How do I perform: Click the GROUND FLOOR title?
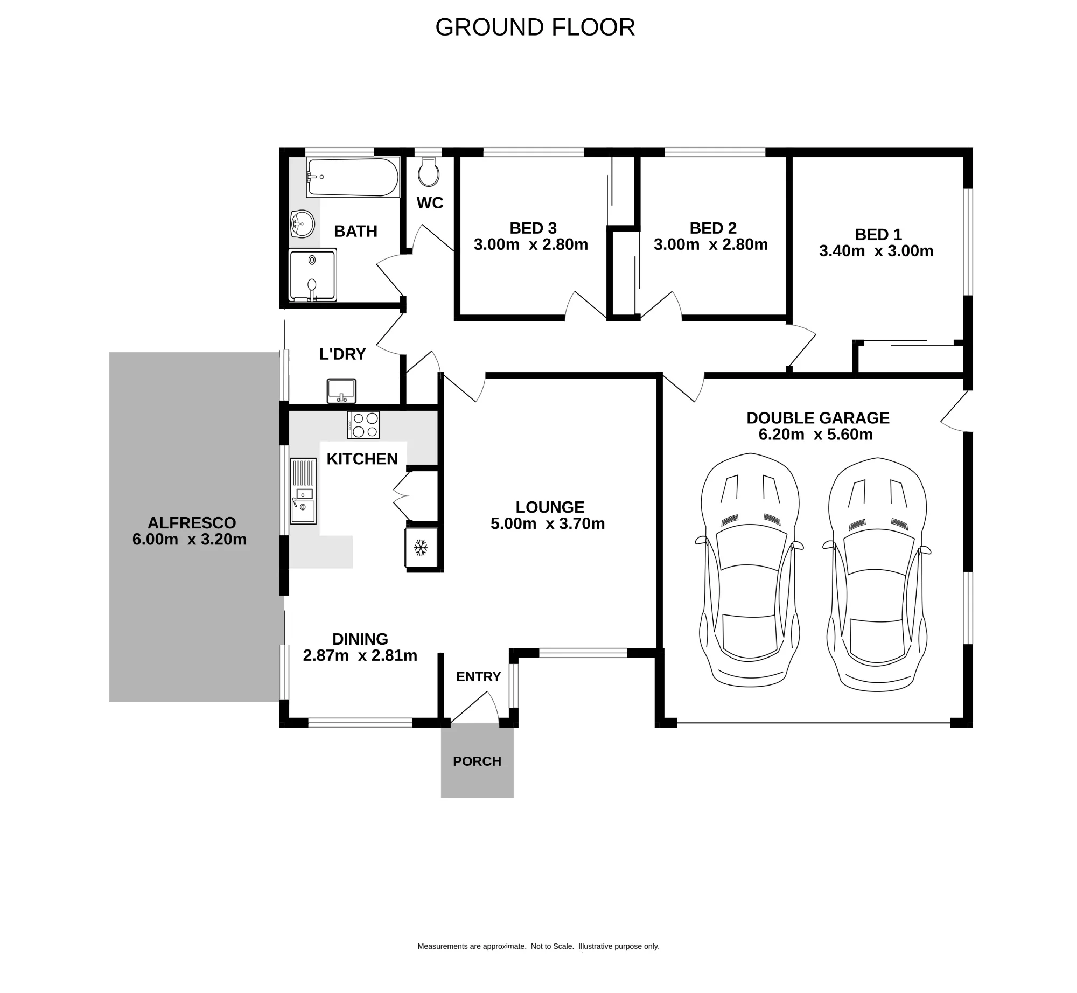click(x=535, y=27)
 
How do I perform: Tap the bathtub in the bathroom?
click(x=353, y=177)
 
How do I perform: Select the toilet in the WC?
click(x=429, y=172)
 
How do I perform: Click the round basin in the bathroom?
click(x=303, y=224)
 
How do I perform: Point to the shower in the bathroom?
click(x=312, y=275)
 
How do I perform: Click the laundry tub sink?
click(x=341, y=391)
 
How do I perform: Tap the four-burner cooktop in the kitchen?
click(x=363, y=425)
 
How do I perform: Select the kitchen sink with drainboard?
click(x=303, y=491)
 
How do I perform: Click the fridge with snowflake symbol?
click(x=421, y=548)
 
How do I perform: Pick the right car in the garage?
click(x=877, y=575)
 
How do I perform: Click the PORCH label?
click(x=477, y=761)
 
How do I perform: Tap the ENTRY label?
click(x=478, y=677)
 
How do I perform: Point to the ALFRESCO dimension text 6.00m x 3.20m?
click(x=190, y=539)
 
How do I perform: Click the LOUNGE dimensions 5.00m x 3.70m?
click(x=548, y=523)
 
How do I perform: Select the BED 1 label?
click(x=878, y=235)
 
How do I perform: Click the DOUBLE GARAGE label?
click(x=818, y=418)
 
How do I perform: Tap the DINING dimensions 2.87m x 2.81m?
click(x=360, y=655)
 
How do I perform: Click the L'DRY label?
click(x=342, y=354)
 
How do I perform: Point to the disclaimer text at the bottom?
click(x=538, y=946)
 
